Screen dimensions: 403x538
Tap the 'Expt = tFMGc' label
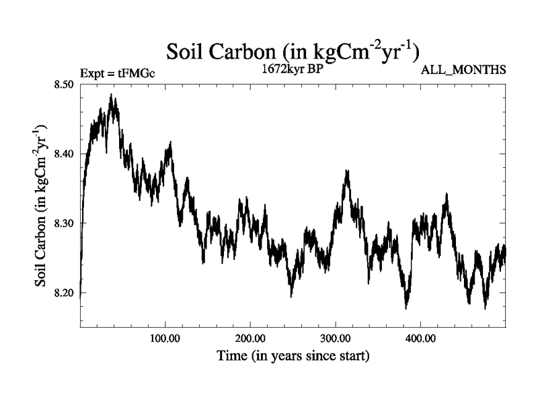117,73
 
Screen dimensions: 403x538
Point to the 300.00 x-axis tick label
335,337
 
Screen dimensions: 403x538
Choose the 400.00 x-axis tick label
420,337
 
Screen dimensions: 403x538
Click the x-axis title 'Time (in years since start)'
293,355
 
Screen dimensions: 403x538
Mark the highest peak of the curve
112,95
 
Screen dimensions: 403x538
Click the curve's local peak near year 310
347,171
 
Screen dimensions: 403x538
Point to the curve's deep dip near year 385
406,308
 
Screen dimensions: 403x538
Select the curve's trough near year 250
291,296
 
